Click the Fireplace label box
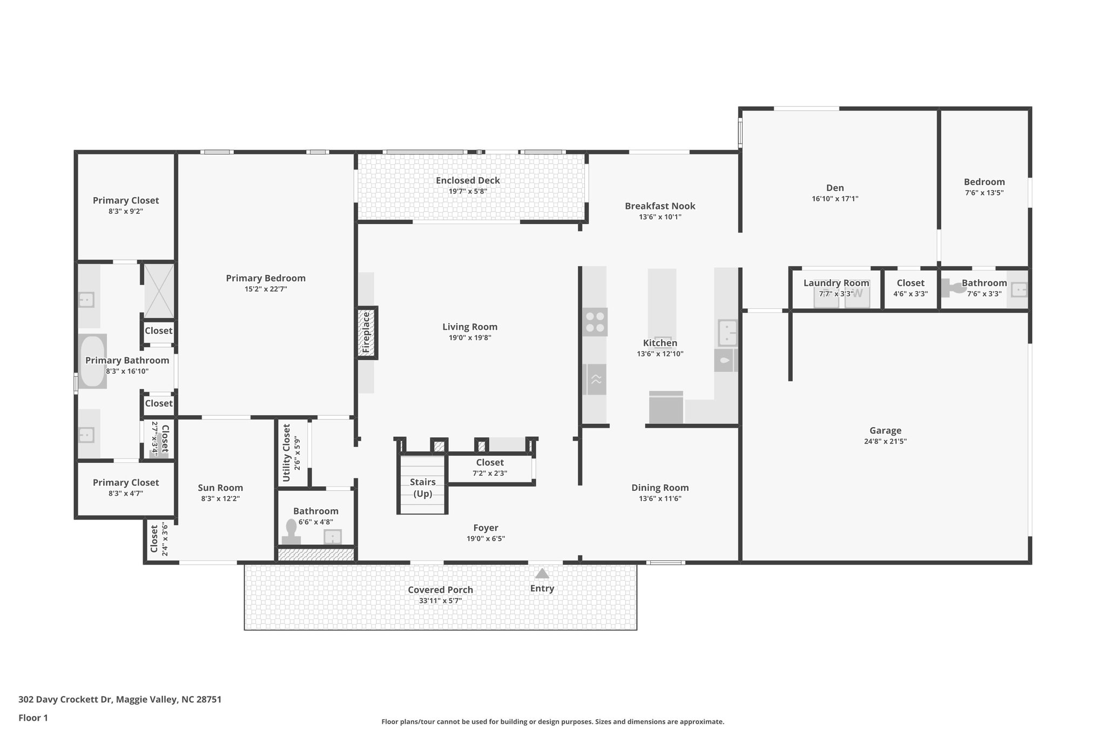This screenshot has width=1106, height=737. (367, 333)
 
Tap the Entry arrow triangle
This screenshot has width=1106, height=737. (542, 573)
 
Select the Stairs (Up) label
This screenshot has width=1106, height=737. (422, 488)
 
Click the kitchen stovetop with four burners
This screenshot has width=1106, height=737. (595, 322)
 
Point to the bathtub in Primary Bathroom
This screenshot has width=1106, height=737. (92, 361)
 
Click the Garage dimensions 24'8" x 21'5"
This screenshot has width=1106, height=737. (885, 441)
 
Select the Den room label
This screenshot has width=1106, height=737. (834, 188)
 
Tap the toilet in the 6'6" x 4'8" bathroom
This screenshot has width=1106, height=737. (291, 534)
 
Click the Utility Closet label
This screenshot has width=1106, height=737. (287, 452)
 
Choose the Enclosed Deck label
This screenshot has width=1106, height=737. (468, 180)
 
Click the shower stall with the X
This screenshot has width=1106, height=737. (159, 290)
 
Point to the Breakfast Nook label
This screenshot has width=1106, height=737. (660, 206)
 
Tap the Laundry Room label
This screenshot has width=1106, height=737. (836, 283)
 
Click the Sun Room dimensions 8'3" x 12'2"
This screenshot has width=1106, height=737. (220, 499)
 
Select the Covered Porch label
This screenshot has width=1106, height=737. (440, 590)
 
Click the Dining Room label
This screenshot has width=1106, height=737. (660, 488)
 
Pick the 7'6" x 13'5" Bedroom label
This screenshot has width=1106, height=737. (984, 182)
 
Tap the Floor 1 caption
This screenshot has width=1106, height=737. (33, 718)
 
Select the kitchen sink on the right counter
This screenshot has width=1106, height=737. (727, 333)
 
